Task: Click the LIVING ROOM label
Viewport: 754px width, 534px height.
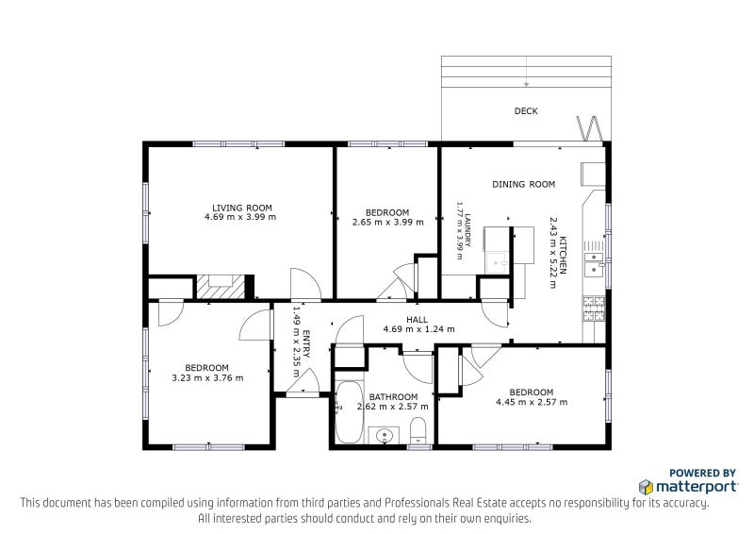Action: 242,208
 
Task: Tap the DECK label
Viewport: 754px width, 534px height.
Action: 526,111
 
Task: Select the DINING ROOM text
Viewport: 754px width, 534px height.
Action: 523,184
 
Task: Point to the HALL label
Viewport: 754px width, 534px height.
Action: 418,320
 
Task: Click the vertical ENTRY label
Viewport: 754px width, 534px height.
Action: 303,325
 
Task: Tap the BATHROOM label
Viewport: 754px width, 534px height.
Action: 393,397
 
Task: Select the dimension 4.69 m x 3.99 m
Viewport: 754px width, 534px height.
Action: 240,218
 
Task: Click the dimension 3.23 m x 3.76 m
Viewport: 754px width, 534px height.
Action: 207,378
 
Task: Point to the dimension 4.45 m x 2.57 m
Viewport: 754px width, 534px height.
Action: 531,402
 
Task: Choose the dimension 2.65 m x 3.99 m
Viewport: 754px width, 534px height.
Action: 387,223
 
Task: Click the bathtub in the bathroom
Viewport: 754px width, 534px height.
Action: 348,412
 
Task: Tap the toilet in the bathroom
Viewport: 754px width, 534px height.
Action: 418,432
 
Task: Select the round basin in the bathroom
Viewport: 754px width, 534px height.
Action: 385,435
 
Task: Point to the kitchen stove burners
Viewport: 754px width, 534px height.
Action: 594,308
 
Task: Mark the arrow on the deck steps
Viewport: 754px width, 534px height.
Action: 526,84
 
